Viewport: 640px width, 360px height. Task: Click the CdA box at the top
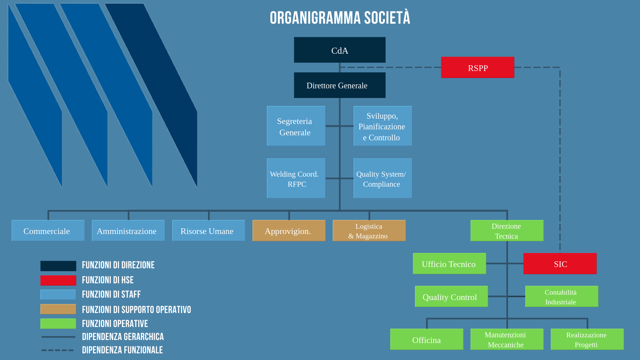(340, 50)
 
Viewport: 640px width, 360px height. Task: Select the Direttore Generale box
(340, 85)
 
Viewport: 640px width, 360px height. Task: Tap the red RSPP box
(478, 67)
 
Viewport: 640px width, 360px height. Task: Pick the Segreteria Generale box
(296, 126)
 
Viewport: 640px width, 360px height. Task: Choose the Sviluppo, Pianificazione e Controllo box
(383, 126)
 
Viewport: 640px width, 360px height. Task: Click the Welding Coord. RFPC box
(296, 178)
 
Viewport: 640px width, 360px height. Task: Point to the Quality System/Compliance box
(383, 178)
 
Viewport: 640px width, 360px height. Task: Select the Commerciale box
(48, 231)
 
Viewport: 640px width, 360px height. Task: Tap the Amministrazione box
(128, 231)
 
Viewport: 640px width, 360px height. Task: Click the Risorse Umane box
(209, 231)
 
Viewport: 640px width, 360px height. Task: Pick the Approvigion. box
(289, 231)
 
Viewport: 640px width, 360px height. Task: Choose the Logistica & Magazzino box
(369, 231)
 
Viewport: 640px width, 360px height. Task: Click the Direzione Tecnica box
(507, 231)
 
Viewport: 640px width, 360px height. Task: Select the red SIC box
(560, 264)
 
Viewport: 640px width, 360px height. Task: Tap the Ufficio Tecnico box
(449, 264)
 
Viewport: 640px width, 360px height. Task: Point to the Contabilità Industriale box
(562, 296)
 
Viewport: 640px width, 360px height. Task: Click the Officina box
(427, 339)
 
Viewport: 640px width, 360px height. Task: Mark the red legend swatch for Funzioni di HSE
(58, 280)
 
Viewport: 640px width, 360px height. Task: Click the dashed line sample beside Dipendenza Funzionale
(58, 350)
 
